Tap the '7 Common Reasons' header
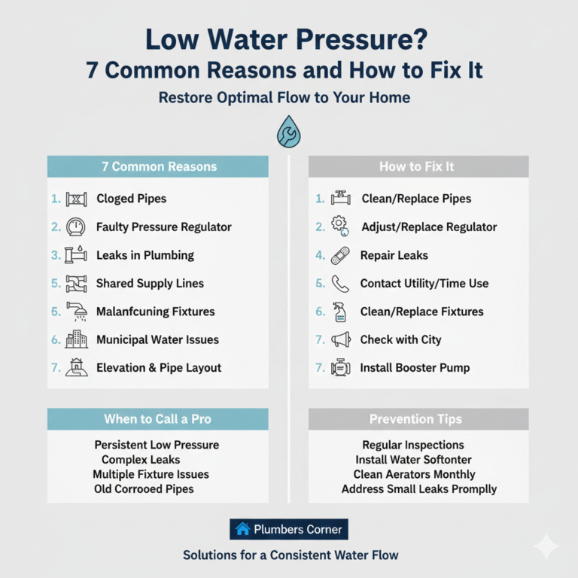point(159,166)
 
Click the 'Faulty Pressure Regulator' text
point(163,227)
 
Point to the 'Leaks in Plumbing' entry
point(144,255)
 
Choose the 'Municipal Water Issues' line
point(157,339)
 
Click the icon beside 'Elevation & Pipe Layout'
point(77,368)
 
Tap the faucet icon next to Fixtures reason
point(77,312)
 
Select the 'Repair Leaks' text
point(394,255)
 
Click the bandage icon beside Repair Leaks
point(340,255)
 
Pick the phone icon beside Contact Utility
point(340,283)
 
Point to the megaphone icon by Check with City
point(340,339)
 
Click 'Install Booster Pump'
point(415,368)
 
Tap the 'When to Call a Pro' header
point(157,419)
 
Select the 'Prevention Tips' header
point(418,419)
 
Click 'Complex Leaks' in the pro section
point(141,459)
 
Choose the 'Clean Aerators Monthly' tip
point(414,474)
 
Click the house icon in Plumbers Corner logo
point(242,529)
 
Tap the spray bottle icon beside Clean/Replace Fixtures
point(340,312)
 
